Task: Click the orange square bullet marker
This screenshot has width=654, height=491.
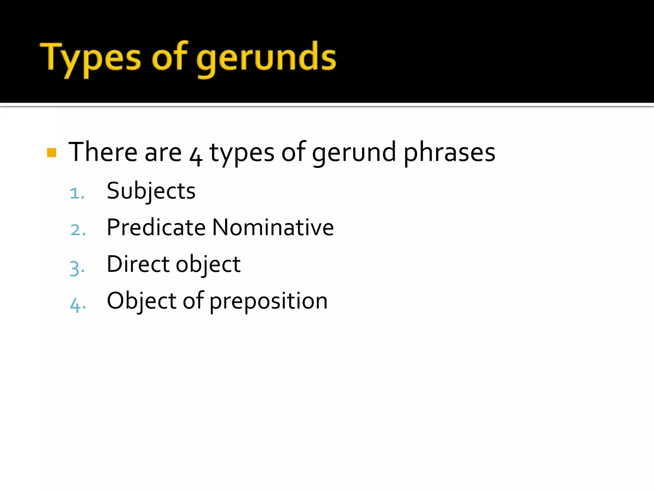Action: pos(51,152)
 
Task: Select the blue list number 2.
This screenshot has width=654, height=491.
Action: pos(77,230)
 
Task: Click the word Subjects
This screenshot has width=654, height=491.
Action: pos(151,191)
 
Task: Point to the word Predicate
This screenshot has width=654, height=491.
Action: pos(156,228)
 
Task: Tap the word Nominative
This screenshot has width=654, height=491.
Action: pos(273,228)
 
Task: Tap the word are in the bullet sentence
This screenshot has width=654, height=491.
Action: pos(163,153)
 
